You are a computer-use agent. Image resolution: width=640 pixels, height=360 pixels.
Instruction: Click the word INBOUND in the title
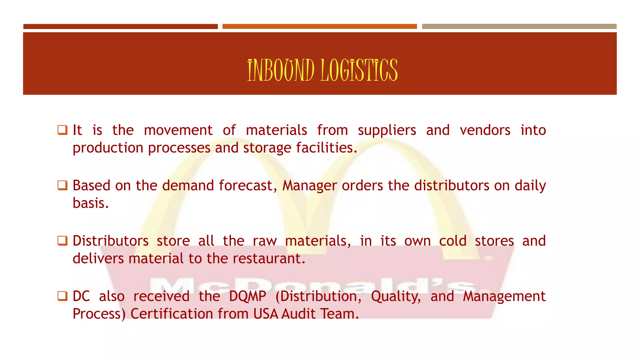(280, 70)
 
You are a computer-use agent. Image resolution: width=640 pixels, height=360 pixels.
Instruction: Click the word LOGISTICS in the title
(359, 70)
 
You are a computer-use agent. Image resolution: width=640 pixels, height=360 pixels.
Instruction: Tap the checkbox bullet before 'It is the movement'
(62, 130)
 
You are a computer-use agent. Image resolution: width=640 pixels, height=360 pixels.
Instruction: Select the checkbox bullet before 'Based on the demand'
(62, 185)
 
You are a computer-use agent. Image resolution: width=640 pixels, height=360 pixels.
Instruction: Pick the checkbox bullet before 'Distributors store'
(62, 241)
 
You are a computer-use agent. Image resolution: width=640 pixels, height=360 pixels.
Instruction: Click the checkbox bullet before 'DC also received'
(62, 296)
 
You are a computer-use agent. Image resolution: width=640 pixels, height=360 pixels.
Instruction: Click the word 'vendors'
(485, 130)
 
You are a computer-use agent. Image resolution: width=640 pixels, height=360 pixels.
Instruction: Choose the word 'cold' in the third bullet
(453, 241)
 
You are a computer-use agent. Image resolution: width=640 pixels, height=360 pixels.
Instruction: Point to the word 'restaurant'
(268, 259)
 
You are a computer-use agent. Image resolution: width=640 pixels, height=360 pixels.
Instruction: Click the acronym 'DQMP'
(247, 296)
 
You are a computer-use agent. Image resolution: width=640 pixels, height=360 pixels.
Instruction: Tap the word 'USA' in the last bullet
(266, 314)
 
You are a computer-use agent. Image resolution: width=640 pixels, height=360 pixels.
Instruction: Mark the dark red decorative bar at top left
(120, 27)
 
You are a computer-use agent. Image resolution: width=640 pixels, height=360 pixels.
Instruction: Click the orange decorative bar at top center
(319, 27)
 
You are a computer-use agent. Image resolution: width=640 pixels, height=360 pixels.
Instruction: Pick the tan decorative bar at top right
(519, 27)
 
